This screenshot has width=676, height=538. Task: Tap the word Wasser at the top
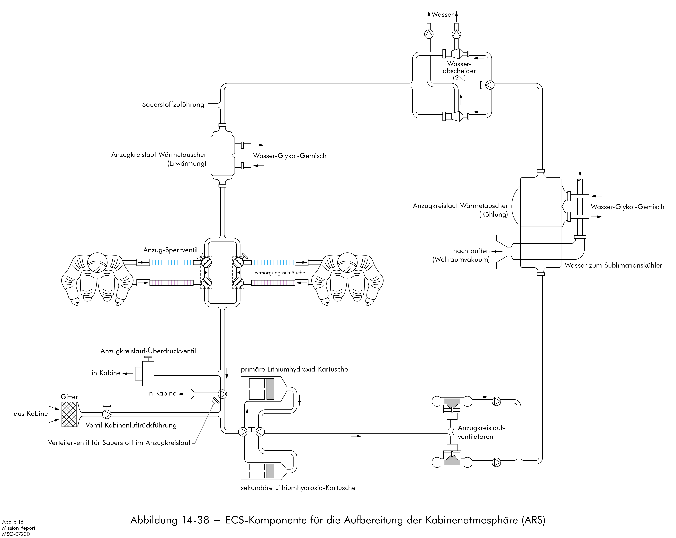[442, 14]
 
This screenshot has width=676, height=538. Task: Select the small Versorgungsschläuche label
[280, 273]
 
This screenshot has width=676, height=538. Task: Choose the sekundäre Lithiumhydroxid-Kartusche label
[298, 488]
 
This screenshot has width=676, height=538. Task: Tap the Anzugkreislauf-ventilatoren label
[481, 432]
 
